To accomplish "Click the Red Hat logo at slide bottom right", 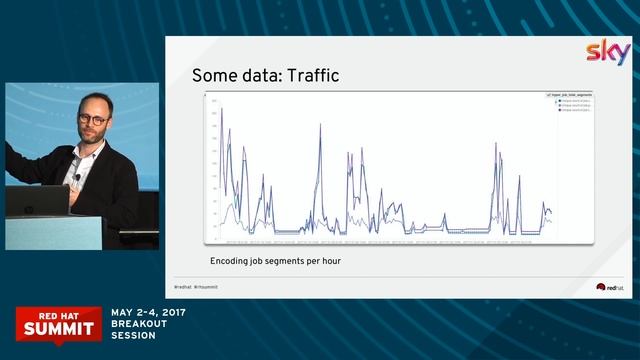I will pos(609,287).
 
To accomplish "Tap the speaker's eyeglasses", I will pos(92,117).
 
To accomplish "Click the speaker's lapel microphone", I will pos(77,177).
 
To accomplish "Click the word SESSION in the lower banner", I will pos(133,336).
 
